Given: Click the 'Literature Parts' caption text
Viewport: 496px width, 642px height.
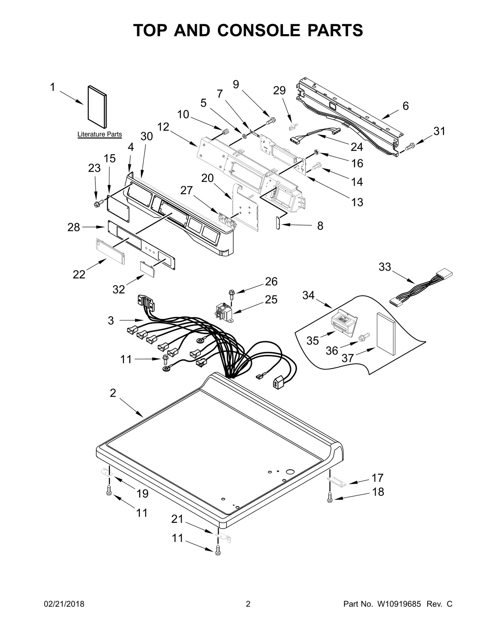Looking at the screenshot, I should tap(100, 135).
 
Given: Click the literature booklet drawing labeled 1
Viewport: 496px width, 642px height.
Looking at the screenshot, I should tap(97, 107).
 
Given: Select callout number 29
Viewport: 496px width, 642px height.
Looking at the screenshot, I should tap(279, 91).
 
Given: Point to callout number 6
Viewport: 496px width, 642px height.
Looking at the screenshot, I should tap(405, 106).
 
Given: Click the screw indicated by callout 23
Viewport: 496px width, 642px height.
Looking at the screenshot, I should tap(97, 204).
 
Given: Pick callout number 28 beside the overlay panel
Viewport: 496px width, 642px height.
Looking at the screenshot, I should tap(74, 227).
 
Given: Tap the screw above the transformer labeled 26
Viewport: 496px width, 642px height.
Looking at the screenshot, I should tap(231, 293).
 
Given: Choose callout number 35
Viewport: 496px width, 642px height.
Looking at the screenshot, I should tap(312, 341).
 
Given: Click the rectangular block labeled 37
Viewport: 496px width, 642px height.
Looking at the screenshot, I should tap(386, 334).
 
